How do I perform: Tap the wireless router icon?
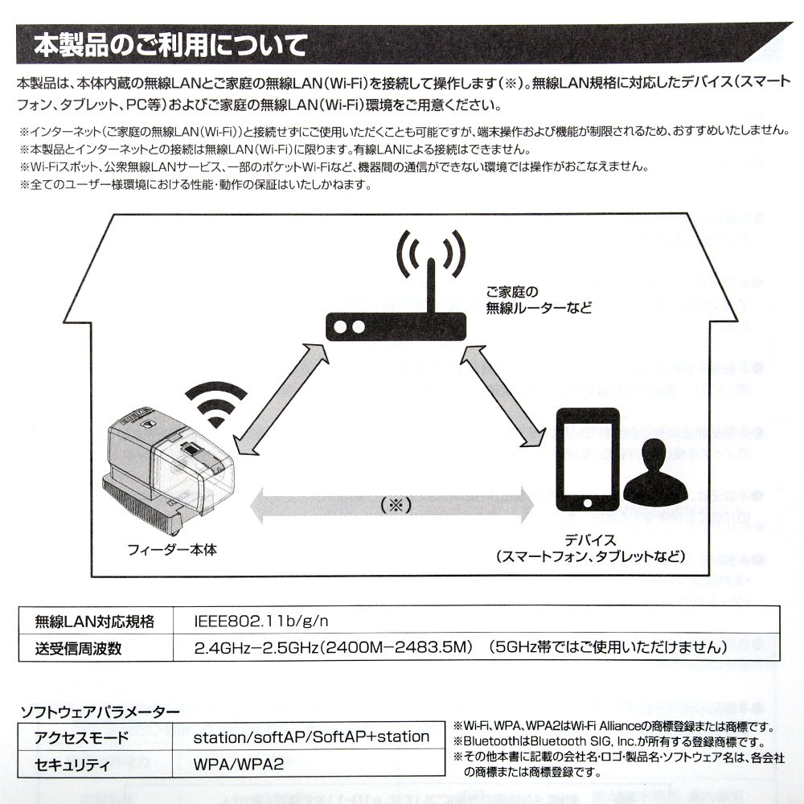coord(395,326)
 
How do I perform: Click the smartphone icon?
coord(589,461)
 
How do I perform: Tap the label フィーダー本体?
coord(172,551)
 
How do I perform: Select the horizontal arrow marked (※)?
coord(393,505)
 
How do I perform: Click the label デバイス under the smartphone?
coord(590,540)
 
